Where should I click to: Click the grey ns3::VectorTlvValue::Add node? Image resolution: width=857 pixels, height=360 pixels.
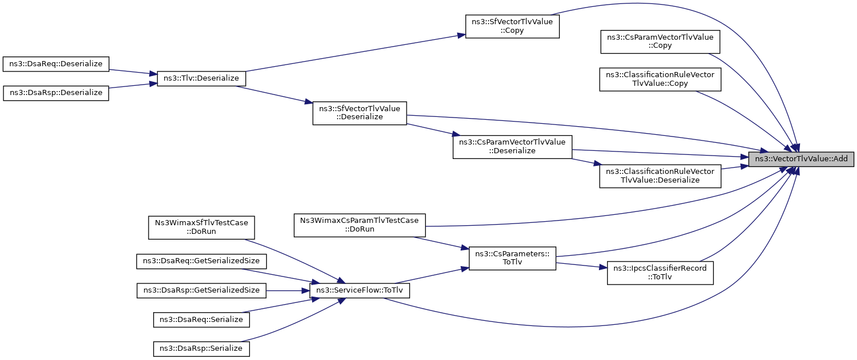coord(801,159)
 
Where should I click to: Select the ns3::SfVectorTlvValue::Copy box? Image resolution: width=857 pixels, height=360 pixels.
coord(512,26)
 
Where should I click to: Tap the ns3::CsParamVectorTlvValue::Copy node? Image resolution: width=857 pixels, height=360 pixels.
coord(660,41)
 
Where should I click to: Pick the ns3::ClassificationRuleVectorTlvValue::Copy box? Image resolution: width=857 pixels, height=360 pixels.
coord(660,79)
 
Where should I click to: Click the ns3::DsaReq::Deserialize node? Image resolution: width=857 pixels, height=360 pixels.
coord(56,64)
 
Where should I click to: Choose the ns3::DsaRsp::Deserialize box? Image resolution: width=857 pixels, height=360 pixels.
coord(56,93)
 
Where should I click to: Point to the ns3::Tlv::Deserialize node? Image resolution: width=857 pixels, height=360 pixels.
coord(201,78)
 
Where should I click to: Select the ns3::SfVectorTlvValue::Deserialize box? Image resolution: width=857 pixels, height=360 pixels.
coord(359,113)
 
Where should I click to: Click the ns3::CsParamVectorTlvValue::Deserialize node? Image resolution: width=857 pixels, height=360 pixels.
coord(512,147)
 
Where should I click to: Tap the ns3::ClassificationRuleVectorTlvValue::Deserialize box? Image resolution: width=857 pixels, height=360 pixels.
coord(660,176)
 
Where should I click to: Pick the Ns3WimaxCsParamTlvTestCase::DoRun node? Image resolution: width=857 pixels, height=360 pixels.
coord(359,225)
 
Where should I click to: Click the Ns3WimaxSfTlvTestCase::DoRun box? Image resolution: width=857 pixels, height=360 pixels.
coord(201,228)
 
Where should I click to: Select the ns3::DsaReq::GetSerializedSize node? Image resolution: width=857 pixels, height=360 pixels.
coord(201,262)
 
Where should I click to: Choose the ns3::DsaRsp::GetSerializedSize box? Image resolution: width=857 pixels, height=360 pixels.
coord(201,291)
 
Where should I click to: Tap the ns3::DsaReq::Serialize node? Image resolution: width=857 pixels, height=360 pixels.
coord(201,320)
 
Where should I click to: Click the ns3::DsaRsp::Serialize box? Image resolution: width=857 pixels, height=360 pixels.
coord(201,349)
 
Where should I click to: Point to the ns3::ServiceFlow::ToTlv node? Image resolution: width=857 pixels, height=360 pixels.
coord(359,291)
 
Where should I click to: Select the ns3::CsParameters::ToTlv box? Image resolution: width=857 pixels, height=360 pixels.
coord(512,258)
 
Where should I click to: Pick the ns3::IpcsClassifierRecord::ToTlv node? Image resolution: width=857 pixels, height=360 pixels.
coord(660,273)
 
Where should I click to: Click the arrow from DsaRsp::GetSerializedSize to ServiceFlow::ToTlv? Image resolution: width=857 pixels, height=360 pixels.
coord(288,291)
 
